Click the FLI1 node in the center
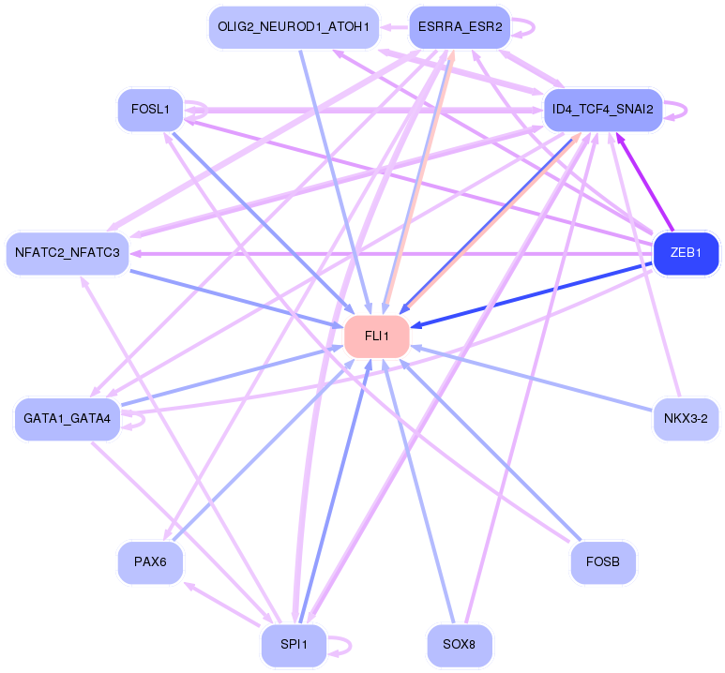(377, 336)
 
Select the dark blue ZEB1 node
(686, 253)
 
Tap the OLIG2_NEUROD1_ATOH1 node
(295, 27)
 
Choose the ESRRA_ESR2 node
(461, 27)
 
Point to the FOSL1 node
(151, 110)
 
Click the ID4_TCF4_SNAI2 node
(603, 110)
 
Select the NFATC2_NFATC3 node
(68, 253)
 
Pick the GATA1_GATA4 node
(68, 419)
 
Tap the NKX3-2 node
(686, 419)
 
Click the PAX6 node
(151, 562)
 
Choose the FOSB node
(603, 562)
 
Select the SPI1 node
(295, 644)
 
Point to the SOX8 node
(460, 644)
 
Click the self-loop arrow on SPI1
(350, 645)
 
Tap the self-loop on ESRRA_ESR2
(534, 27)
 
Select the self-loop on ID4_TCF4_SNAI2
(686, 110)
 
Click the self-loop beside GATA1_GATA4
(143, 419)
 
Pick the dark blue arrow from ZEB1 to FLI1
(531, 295)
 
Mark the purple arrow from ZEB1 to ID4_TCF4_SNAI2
(644, 181)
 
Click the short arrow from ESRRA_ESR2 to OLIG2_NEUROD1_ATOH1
(395, 27)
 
